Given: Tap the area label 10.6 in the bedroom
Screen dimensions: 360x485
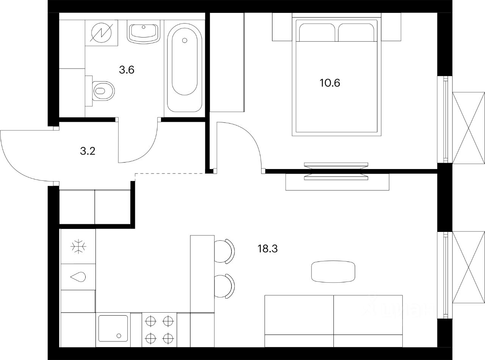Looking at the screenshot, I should (x=330, y=83).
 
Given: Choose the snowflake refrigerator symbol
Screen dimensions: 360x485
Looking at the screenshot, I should (x=79, y=246).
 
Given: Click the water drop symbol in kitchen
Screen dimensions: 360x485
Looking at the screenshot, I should (x=78, y=277).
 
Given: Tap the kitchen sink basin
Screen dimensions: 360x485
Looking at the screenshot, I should (x=113, y=329).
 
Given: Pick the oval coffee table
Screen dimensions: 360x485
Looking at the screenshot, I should (x=333, y=271).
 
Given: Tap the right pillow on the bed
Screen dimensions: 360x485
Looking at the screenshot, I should (x=356, y=33).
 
